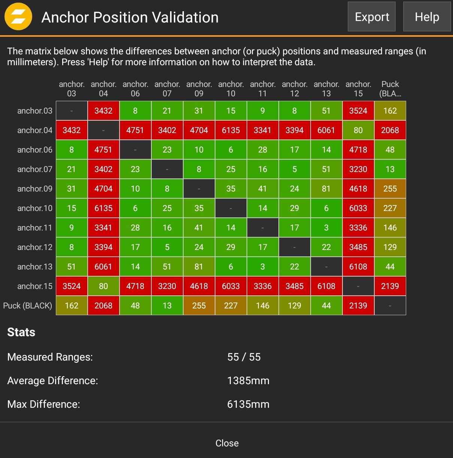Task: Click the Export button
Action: pos(371,17)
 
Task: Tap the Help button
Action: pos(427,17)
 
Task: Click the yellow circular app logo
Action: pos(18,17)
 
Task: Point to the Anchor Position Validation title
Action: pos(130,17)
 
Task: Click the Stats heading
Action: pos(21,332)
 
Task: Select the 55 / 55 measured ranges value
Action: pos(244,357)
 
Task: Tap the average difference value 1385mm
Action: pos(248,380)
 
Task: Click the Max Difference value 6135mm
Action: pos(248,404)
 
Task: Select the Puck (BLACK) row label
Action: pos(28,305)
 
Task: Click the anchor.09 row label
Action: pos(34,189)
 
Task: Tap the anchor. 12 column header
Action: pos(295,89)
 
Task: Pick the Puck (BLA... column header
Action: pos(390,89)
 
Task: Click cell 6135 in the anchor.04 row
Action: pos(231,130)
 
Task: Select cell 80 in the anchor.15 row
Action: pos(103,286)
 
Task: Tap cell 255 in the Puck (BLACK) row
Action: pos(199,305)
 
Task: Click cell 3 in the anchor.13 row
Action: pos(263,266)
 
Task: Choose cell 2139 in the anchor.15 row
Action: pos(390,286)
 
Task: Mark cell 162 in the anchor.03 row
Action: pos(390,111)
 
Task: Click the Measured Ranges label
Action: pos(50,357)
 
